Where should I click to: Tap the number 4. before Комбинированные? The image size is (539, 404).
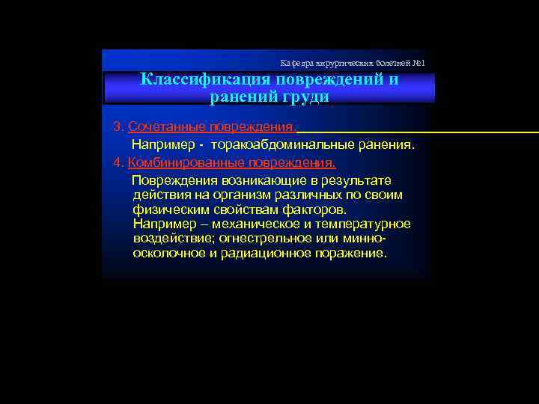coord(118,162)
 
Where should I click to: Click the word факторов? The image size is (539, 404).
coord(316,209)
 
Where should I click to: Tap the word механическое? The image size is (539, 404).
coord(256,224)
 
